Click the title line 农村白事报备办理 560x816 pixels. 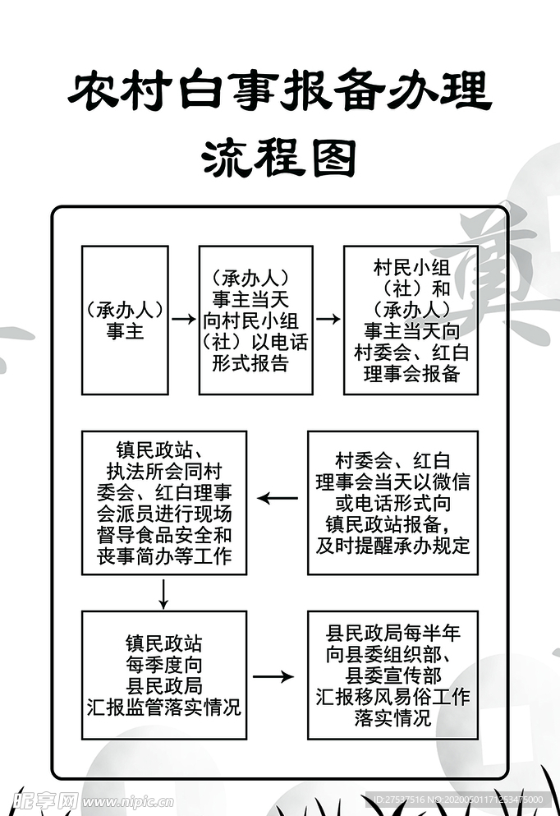point(279,93)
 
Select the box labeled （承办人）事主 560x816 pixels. point(125,320)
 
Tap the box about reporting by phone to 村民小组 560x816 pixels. point(255,320)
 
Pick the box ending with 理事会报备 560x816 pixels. point(411,320)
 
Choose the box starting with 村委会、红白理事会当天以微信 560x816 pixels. point(392,502)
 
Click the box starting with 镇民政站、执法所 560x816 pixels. point(164,502)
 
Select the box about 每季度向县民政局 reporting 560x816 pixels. point(164,675)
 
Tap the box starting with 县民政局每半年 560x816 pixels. point(392,675)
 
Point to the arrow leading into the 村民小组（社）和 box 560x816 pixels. point(328,319)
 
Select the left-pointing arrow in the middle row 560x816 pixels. point(278,497)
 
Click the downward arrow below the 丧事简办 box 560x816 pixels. point(164,593)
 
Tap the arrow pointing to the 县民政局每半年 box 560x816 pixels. point(273,676)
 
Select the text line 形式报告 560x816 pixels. point(250,363)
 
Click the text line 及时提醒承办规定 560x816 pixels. point(392,545)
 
